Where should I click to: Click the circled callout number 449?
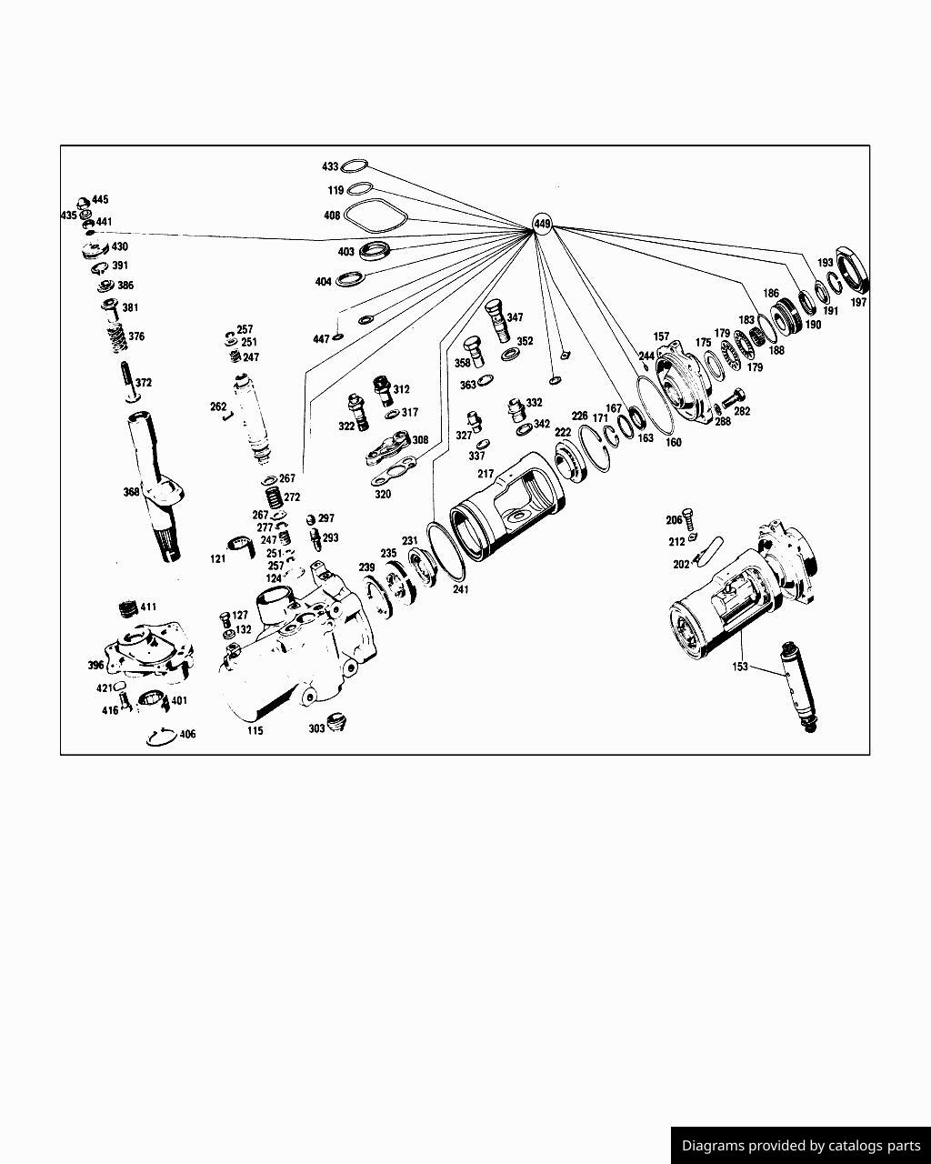[x=542, y=224]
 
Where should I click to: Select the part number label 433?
[x=330, y=167]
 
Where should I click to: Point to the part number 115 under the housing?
[x=255, y=730]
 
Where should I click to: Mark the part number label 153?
[x=740, y=667]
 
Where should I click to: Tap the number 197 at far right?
[x=858, y=303]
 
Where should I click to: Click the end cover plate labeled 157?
[x=686, y=383]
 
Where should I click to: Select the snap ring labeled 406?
[x=161, y=737]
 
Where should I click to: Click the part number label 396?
[x=95, y=666]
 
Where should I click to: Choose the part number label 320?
[x=383, y=495]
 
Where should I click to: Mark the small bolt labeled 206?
[x=690, y=519]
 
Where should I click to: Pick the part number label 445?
[x=100, y=199]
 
